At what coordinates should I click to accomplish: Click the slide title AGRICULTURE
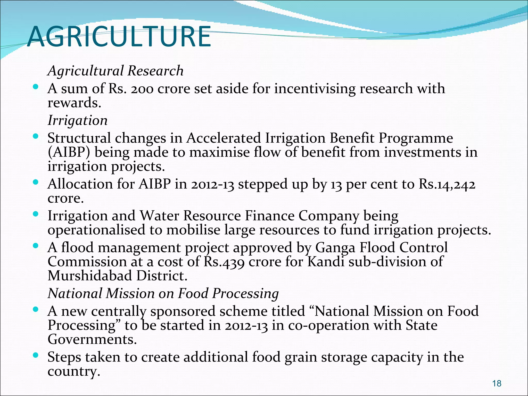click(x=119, y=37)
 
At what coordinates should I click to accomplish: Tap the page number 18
click(x=497, y=383)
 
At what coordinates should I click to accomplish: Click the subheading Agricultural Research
click(x=115, y=71)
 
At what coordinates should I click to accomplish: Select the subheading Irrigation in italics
click(x=78, y=121)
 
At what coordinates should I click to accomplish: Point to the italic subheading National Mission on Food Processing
click(x=163, y=294)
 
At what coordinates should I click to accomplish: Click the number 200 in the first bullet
click(x=142, y=89)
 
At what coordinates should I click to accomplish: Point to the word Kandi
click(x=326, y=262)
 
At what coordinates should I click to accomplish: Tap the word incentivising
click(x=315, y=89)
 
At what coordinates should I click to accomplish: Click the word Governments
click(x=92, y=340)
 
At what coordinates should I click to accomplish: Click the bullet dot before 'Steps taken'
click(x=36, y=356)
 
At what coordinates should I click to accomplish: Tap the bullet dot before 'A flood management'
click(x=36, y=246)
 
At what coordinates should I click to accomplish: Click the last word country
click(x=74, y=372)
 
